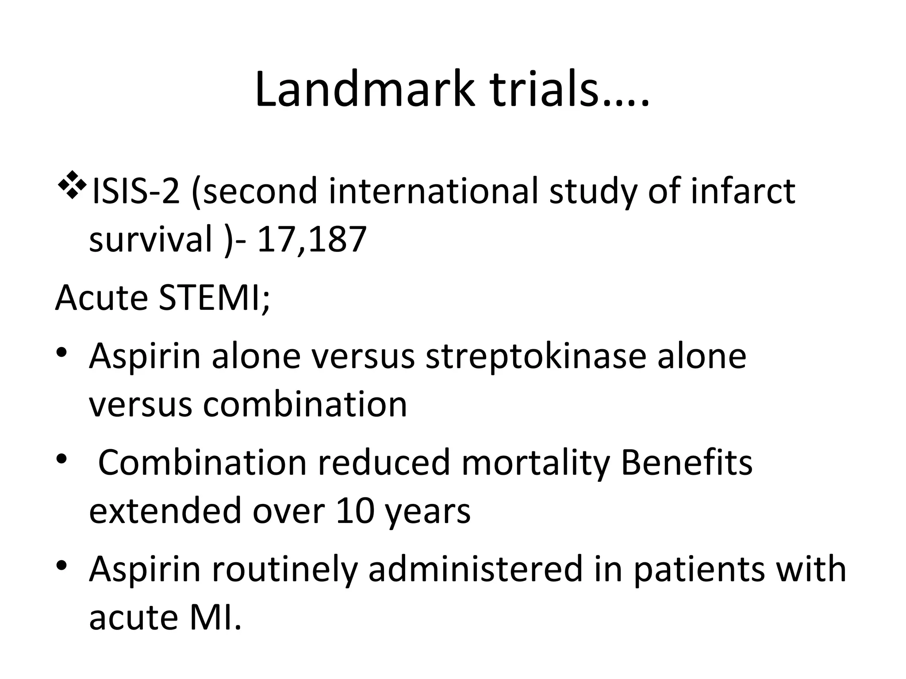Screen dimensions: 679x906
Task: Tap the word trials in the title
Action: tap(542, 89)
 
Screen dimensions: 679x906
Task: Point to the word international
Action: tap(433, 192)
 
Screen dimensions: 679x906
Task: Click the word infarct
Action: tap(743, 192)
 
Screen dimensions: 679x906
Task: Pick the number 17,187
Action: tap(312, 240)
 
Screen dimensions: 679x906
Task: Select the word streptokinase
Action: tap(536, 356)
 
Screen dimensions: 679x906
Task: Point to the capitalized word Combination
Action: tap(202, 462)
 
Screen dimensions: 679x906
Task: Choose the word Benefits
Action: tap(686, 462)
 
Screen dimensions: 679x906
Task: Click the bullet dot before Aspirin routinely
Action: tap(62, 565)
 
